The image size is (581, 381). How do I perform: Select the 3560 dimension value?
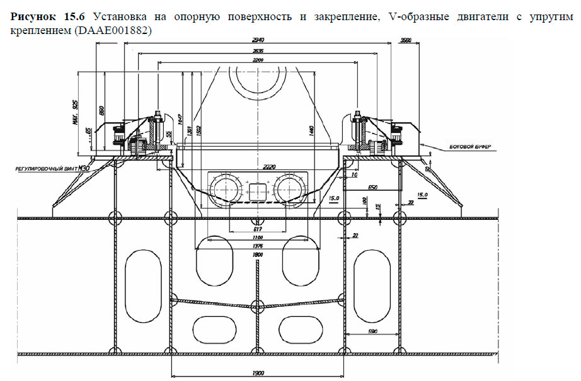407,41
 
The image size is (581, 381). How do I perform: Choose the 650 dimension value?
372,187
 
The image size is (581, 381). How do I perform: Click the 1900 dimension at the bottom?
257,373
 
